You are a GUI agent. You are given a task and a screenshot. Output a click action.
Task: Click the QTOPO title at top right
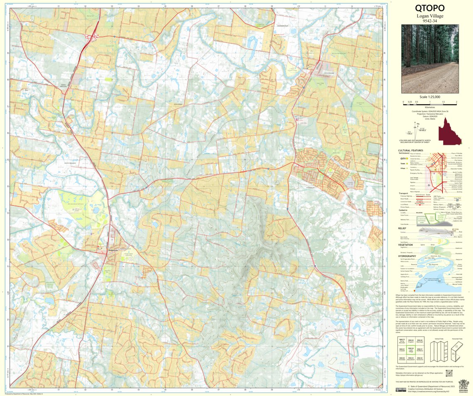pyautogui.click(x=429, y=8)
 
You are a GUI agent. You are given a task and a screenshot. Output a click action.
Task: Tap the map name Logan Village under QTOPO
pyautogui.click(x=429, y=16)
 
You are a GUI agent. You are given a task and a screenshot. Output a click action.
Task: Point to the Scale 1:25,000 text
pyautogui.click(x=429, y=97)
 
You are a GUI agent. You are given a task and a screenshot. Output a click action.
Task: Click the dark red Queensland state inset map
pyautogui.click(x=450, y=130)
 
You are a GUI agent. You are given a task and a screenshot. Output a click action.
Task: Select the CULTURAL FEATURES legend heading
pyautogui.click(x=410, y=150)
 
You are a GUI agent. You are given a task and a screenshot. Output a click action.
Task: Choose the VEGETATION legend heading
pyautogui.click(x=406, y=245)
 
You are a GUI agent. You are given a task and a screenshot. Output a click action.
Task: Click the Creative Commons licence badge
pyautogui.click(x=401, y=390)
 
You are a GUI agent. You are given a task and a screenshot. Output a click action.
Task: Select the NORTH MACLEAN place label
pyautogui.click(x=64, y=86)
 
